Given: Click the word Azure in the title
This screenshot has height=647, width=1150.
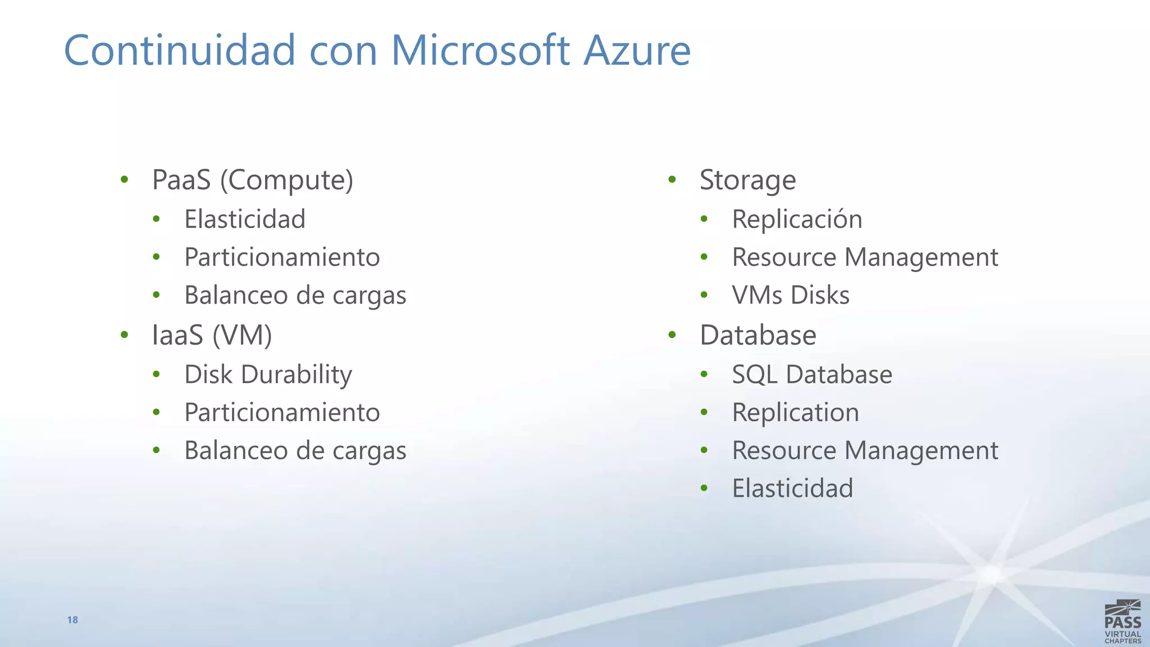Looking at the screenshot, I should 637,51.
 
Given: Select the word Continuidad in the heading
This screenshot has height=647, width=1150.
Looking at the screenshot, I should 180,51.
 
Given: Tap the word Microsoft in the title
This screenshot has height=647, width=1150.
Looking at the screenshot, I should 481,51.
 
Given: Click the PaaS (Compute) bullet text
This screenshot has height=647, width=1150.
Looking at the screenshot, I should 253,180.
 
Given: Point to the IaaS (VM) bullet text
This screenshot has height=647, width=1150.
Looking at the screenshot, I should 212,335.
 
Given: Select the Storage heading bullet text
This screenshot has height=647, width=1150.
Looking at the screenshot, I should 747,180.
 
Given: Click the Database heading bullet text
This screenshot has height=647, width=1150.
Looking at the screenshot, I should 757,335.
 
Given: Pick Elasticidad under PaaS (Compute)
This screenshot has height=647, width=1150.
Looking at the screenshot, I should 245,219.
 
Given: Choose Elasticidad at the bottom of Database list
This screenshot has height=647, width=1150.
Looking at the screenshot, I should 792,488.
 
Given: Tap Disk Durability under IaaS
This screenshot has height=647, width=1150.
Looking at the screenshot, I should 268,375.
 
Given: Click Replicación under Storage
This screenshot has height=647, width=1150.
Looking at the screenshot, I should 797,219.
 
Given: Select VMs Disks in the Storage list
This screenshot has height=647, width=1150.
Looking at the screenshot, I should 791,295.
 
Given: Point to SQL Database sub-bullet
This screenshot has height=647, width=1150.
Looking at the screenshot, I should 812,375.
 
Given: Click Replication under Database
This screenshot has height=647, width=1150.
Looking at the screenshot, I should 795,413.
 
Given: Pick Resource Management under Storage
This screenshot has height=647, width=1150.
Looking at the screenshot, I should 865,257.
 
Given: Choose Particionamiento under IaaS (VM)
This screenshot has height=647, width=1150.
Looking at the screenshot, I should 282,413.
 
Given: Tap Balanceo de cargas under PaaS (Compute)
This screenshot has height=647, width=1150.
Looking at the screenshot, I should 295,295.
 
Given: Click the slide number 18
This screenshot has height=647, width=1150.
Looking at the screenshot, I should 72,620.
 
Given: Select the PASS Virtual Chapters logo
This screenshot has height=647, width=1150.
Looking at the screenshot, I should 1122,622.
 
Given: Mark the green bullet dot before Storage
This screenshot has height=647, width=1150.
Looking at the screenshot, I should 672,180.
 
